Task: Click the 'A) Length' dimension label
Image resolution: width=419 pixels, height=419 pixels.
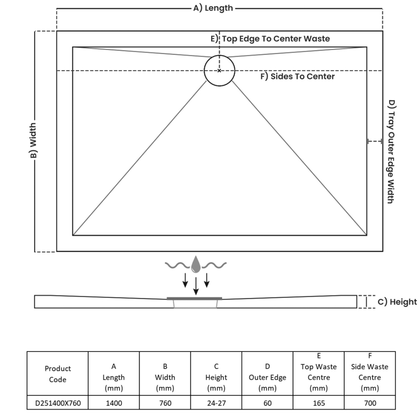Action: [213, 8]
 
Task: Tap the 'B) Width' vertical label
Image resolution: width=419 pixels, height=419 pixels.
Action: [32, 141]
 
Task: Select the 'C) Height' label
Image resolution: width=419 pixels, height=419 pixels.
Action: [397, 302]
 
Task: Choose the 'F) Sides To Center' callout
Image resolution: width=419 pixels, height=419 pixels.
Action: [297, 76]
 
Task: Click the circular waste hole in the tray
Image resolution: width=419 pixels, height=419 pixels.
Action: [219, 70]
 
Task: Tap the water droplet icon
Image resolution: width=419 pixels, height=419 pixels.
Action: [196, 264]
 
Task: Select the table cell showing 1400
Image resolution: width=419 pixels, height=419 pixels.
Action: [114, 403]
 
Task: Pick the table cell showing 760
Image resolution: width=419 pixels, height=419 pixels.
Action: [165, 403]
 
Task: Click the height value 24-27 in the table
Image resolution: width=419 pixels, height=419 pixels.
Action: [216, 403]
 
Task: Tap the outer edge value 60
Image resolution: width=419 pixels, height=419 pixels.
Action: [267, 403]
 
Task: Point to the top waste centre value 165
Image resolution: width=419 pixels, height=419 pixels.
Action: [318, 403]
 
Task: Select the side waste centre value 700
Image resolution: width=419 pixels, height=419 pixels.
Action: [369, 403]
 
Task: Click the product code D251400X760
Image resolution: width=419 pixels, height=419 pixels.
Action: [58, 403]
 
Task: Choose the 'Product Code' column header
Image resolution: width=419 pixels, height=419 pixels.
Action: [58, 374]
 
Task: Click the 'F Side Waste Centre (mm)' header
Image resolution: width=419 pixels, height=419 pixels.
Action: [369, 372]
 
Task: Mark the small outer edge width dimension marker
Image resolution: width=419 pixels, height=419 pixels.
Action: [374, 141]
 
